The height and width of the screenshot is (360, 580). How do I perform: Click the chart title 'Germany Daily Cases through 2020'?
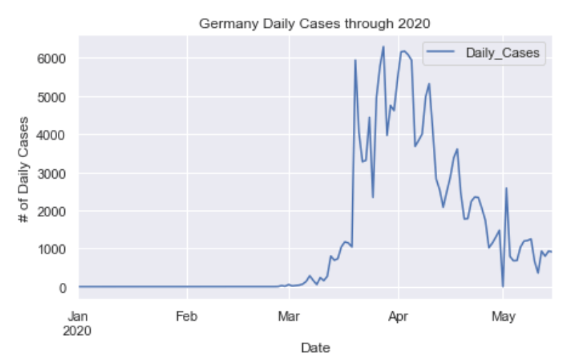pyautogui.click(x=315, y=24)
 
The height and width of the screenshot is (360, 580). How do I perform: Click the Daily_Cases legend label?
pyautogui.click(x=503, y=51)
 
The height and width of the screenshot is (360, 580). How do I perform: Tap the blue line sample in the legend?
pyautogui.click(x=444, y=51)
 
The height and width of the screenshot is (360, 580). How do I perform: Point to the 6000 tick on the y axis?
pyautogui.click(x=54, y=58)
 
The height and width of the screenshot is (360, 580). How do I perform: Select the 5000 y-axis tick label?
pyautogui.click(x=54, y=96)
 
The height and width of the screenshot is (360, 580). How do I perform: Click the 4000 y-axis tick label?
pyautogui.click(x=54, y=135)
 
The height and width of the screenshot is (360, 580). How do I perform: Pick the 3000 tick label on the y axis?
pyautogui.click(x=54, y=174)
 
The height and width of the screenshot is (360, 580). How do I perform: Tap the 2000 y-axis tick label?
pyautogui.click(x=54, y=211)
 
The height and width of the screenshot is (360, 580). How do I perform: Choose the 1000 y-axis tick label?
pyautogui.click(x=54, y=250)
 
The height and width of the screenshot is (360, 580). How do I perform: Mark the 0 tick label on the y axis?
pyautogui.click(x=64, y=288)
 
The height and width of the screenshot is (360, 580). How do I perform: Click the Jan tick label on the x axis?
pyautogui.click(x=78, y=314)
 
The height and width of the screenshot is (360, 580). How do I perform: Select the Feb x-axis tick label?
pyautogui.click(x=186, y=314)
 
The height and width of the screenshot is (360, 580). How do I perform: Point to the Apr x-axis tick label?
pyautogui.click(x=398, y=314)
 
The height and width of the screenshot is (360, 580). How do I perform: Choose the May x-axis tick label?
pyautogui.click(x=503, y=314)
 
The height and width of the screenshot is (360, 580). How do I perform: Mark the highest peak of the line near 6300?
pyautogui.click(x=384, y=47)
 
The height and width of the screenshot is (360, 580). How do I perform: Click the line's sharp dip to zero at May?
pyautogui.click(x=503, y=286)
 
